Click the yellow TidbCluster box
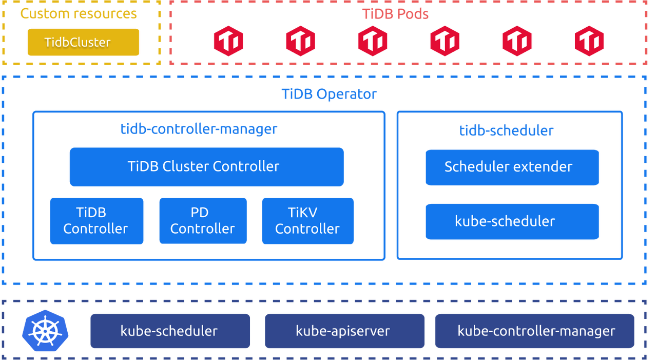83,42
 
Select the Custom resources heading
79,13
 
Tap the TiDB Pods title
395,14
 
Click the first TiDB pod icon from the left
228,41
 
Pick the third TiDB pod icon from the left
373,41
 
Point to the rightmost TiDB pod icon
589,41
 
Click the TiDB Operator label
329,94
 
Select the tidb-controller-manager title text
199,129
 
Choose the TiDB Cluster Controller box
206,167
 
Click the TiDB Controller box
96,221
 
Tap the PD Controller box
203,221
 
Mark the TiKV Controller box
307,221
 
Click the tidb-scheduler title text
507,130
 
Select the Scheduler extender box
512,167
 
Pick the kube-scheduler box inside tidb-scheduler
512,221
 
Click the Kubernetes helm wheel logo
45,330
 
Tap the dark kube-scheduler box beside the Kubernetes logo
170,331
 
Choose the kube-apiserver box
344,331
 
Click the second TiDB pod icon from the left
301,41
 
